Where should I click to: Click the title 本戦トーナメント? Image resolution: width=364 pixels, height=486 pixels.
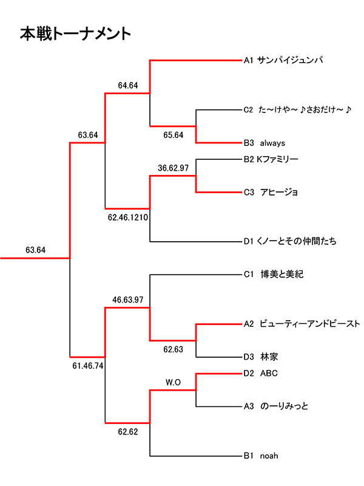[75, 33]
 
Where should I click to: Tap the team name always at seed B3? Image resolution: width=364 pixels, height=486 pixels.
[272, 143]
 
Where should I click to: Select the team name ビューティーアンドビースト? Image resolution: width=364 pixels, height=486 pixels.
[310, 324]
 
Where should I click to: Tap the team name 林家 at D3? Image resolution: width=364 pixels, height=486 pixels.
[271, 357]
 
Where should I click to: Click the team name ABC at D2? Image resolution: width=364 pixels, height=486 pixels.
[268, 373]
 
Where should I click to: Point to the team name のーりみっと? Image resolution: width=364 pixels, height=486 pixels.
[285, 406]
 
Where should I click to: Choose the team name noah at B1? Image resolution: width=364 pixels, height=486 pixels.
[270, 456]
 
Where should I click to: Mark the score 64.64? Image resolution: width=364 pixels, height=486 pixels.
[128, 85]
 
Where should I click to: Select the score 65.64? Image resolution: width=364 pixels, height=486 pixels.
[173, 135]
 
